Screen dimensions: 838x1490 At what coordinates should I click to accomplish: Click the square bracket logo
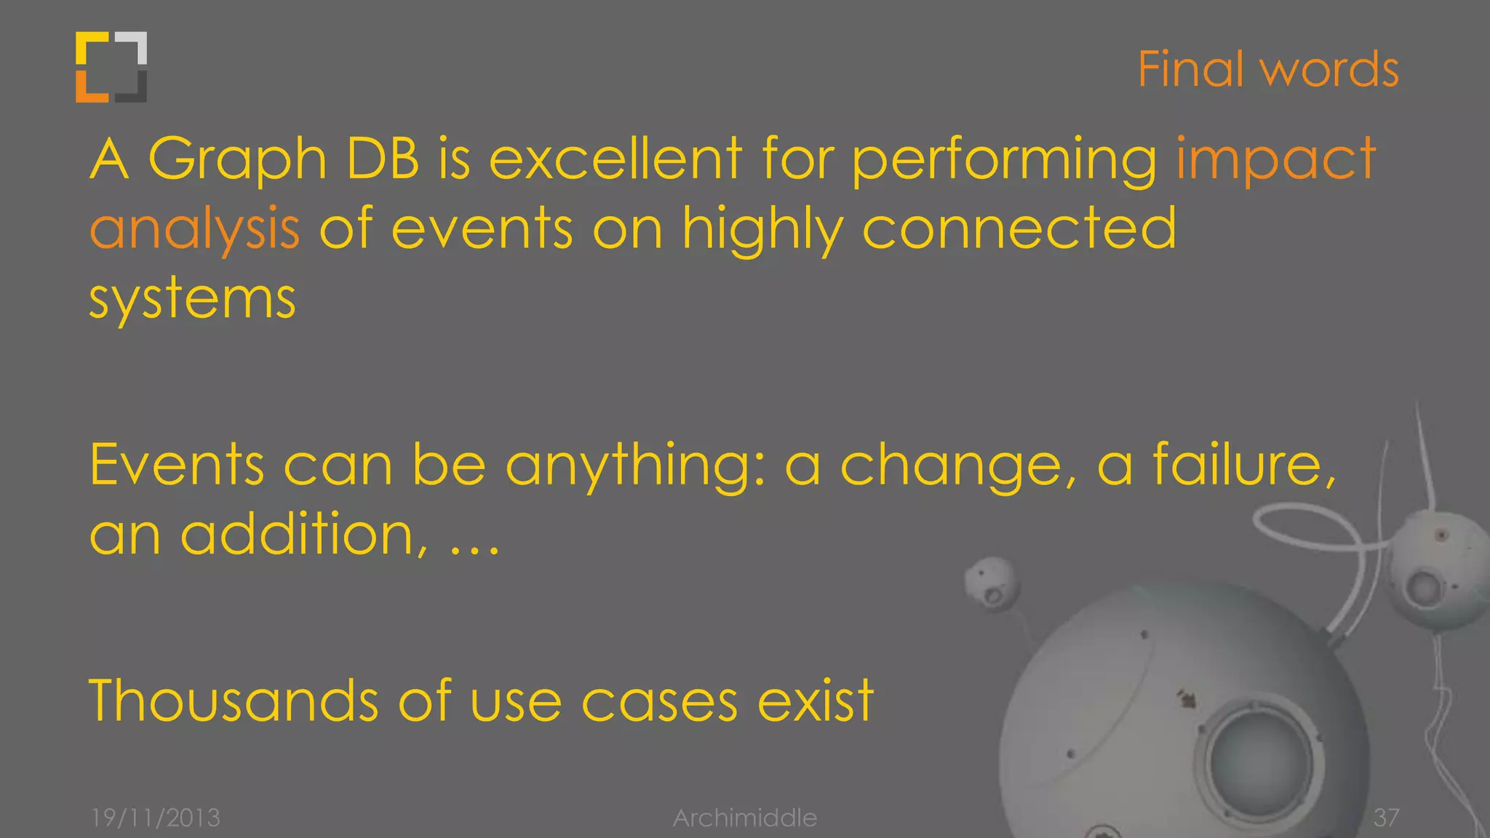point(111,67)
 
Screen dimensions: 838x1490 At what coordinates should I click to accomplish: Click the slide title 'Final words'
point(1267,70)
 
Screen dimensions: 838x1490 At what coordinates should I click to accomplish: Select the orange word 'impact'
point(1275,160)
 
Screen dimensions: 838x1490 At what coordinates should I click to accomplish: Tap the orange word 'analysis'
point(194,229)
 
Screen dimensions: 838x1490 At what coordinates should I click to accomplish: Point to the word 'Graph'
point(237,160)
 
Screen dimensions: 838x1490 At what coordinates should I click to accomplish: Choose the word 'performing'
point(1005,160)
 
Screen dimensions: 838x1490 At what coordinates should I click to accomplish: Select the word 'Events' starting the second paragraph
point(177,465)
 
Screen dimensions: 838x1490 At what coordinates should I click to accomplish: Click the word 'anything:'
point(635,466)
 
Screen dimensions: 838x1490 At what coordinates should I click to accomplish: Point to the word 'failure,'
point(1245,465)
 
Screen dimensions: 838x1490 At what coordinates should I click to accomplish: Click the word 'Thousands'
point(234,700)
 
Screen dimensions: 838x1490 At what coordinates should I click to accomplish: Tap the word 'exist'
point(815,700)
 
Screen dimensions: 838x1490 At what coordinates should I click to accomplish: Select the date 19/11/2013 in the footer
point(156,818)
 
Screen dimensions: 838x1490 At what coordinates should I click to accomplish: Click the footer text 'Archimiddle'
point(744,818)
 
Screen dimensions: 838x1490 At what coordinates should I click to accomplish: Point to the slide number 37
point(1386,818)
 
